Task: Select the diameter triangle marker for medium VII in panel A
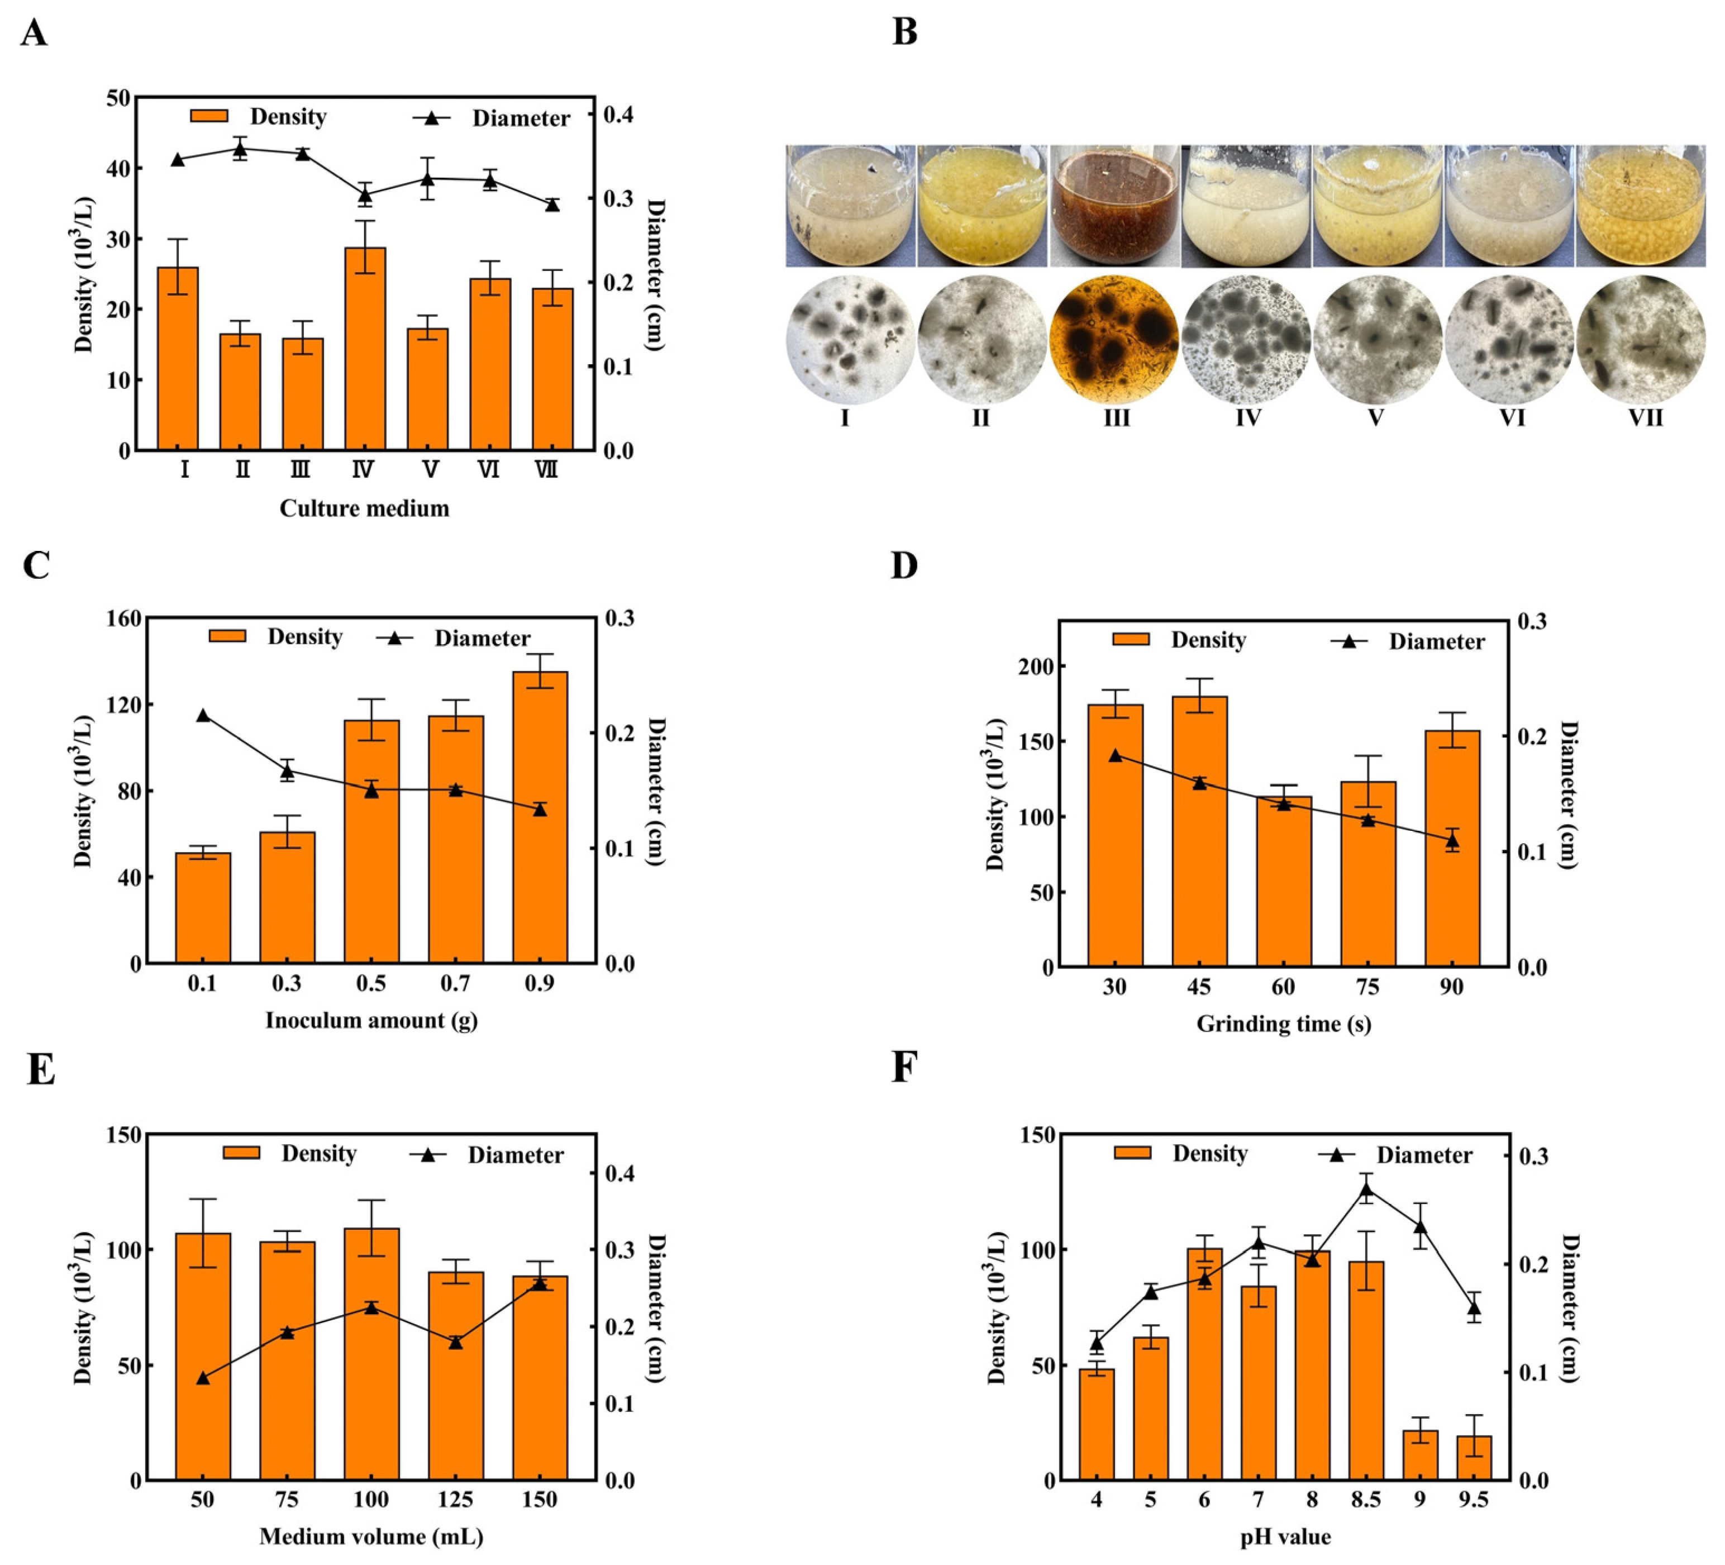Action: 552,204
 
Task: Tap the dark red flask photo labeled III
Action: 1114,206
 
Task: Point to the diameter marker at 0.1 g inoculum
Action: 203,715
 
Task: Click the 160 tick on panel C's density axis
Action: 123,619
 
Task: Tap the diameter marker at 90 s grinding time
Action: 1451,841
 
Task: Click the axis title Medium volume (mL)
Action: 371,1536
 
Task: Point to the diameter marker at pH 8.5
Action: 1366,1190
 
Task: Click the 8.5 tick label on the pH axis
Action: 1366,1499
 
